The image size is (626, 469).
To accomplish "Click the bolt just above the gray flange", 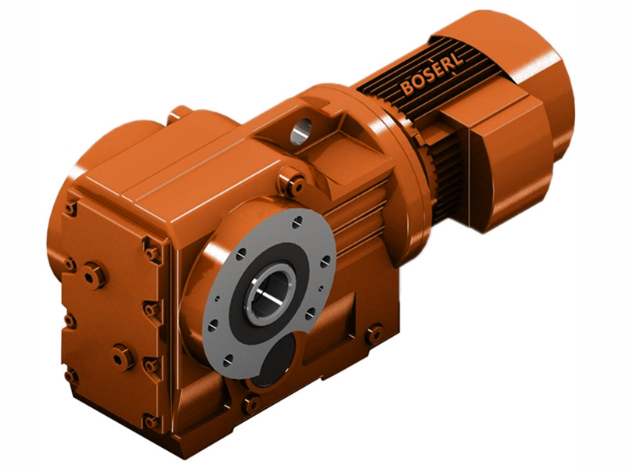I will click(x=295, y=185).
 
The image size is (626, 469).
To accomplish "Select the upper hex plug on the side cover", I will click(x=94, y=275).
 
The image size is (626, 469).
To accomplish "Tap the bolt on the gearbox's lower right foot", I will click(x=374, y=334).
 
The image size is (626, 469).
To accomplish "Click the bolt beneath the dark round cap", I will click(x=250, y=404).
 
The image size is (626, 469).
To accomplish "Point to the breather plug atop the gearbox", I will click(x=179, y=113).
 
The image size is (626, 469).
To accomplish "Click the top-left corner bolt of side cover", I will click(x=71, y=208).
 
